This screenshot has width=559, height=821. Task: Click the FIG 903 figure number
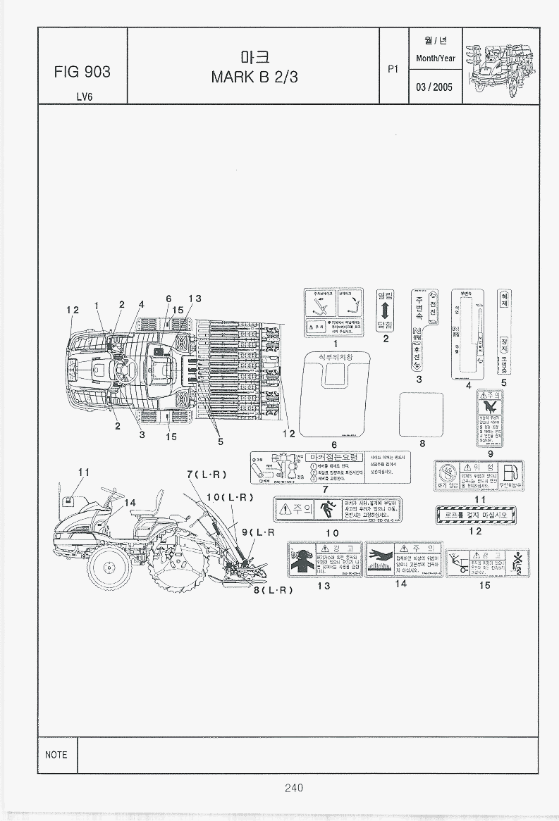pyautogui.click(x=82, y=73)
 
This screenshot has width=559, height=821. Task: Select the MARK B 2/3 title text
pyautogui.click(x=254, y=77)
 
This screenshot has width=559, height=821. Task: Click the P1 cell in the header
pyautogui.click(x=393, y=69)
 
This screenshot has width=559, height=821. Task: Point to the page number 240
pyautogui.click(x=294, y=788)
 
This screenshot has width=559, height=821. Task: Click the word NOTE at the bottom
pyautogui.click(x=56, y=755)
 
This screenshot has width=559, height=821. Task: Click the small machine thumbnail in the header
pyautogui.click(x=500, y=65)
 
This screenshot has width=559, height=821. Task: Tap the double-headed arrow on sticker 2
pyautogui.click(x=386, y=311)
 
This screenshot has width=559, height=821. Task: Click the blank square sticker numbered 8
pyautogui.click(x=421, y=415)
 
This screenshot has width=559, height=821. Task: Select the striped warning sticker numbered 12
pyautogui.click(x=476, y=515)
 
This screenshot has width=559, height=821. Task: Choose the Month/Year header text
pyautogui.click(x=435, y=58)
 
